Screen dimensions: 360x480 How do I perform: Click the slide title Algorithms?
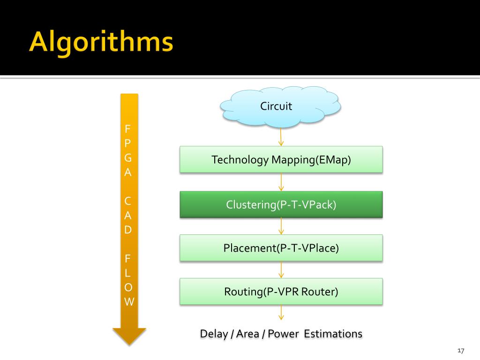[x=101, y=43]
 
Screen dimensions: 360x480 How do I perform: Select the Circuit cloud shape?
[x=280, y=107]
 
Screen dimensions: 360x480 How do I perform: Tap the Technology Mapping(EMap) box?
[x=281, y=160]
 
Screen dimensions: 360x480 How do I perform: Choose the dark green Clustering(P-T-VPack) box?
[x=281, y=205]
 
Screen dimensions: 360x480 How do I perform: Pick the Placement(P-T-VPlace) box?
[x=281, y=248]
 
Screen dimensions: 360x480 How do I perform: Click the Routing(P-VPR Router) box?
[x=281, y=292]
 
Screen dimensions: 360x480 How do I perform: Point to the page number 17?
[x=460, y=351]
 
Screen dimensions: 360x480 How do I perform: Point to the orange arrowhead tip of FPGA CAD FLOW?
[x=129, y=343]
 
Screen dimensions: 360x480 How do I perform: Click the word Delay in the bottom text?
[x=214, y=334]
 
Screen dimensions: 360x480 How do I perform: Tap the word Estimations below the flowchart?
[x=333, y=334]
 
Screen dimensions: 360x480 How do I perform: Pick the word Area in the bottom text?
[x=247, y=334]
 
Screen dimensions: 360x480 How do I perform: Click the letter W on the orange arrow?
[x=129, y=301]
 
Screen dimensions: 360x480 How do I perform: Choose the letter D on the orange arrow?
[x=128, y=230]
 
